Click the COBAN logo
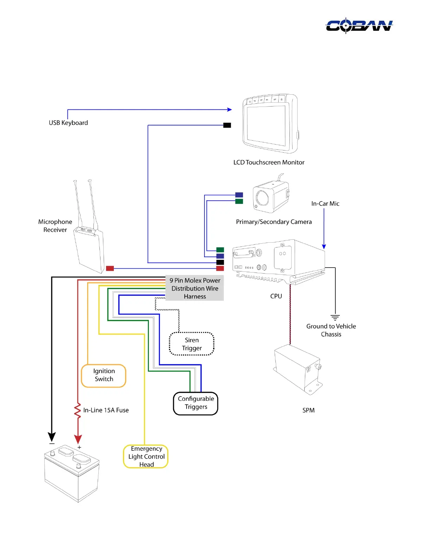[x=359, y=26]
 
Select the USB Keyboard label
[x=69, y=123]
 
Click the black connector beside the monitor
[x=227, y=125]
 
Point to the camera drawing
[x=271, y=197]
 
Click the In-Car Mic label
[x=325, y=204]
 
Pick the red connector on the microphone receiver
[x=110, y=268]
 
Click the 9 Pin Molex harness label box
[x=195, y=288]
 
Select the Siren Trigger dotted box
[x=192, y=344]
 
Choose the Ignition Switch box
[x=104, y=375]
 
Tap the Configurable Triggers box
[x=196, y=403]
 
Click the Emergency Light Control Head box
[x=146, y=456]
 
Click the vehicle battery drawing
[x=72, y=473]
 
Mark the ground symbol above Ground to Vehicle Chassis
[x=335, y=317]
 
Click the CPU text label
[x=276, y=296]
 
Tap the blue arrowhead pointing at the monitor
[x=230, y=110]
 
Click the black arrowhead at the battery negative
[x=52, y=437]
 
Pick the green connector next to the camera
[x=239, y=201]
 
